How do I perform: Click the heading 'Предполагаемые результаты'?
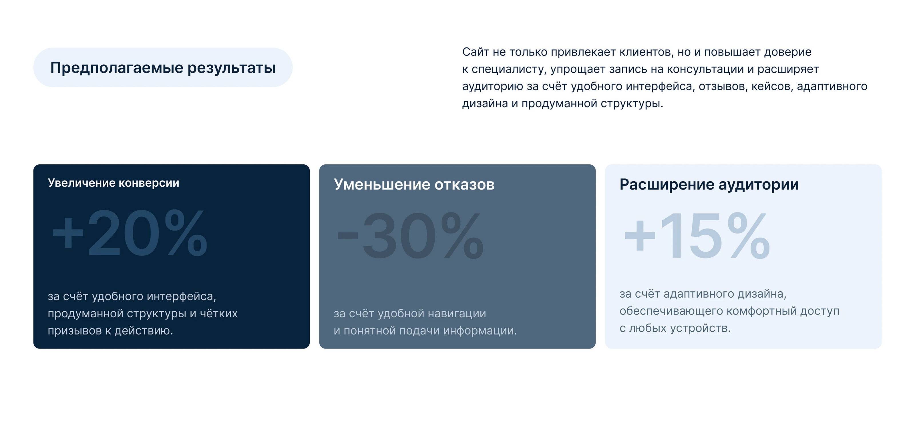pos(163,68)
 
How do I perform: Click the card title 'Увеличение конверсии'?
pos(113,183)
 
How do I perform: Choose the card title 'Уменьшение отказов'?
pos(414,184)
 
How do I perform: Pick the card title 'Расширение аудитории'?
pos(709,184)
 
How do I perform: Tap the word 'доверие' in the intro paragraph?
pos(788,53)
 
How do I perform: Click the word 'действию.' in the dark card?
pos(144,331)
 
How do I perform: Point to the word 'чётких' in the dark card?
pos(219,313)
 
